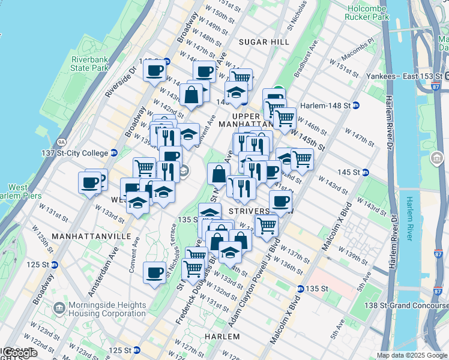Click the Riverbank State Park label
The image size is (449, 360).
click(x=89, y=64)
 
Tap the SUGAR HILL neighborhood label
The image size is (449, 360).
click(x=264, y=42)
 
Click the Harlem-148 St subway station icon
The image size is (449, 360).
click(x=355, y=105)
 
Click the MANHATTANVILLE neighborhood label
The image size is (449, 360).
click(x=91, y=236)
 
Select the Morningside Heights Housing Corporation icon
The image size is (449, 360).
click(x=59, y=308)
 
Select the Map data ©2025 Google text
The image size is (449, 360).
click(x=412, y=355)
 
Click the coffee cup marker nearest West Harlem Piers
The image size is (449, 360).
click(x=89, y=182)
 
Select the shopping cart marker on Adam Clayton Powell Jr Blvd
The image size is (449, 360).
click(x=266, y=226)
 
